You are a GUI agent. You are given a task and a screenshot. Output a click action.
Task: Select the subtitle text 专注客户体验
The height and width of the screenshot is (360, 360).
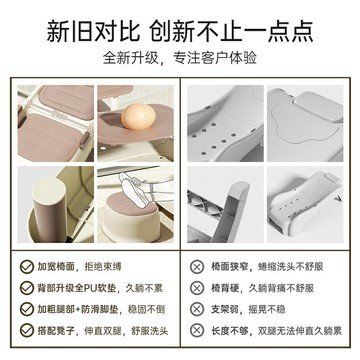(x=226, y=56)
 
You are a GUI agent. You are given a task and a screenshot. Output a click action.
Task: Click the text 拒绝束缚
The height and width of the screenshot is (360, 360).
(x=115, y=268)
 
